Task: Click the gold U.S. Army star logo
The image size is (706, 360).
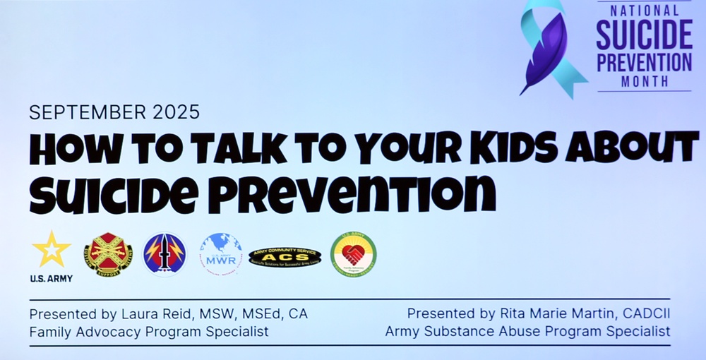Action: [52, 250]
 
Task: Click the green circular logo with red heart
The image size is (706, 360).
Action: [353, 254]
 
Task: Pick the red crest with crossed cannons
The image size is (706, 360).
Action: [108, 254]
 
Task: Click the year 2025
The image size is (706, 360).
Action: [175, 112]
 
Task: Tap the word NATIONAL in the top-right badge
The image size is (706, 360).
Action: [644, 11]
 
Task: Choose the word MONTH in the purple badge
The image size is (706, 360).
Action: [644, 82]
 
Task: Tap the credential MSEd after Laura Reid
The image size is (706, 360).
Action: [259, 313]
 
